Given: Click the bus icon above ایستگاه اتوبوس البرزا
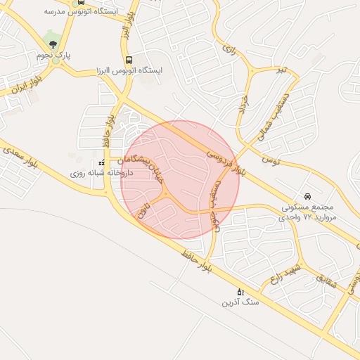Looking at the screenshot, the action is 128,60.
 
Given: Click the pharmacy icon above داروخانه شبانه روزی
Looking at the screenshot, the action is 102,162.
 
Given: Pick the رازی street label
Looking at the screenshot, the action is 227,49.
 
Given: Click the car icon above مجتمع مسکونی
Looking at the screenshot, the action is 307,196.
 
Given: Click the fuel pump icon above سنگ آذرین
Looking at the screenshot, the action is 240,292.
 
